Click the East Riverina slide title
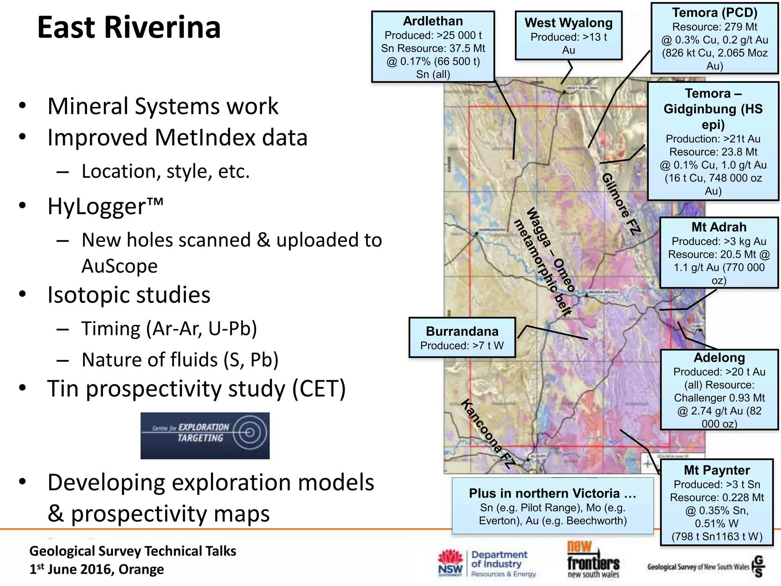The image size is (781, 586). (129, 27)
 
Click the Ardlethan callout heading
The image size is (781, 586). (433, 21)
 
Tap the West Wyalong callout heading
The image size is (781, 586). (568, 23)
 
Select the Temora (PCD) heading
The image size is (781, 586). (714, 13)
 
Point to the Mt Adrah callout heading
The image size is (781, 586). (719, 227)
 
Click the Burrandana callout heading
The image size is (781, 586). (462, 331)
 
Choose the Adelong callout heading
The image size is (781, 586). (719, 357)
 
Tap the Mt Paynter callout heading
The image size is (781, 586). (717, 470)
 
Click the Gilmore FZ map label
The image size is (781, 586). (621, 204)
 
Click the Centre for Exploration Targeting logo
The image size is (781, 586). (205, 435)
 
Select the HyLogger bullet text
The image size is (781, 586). (105, 206)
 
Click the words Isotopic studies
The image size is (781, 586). (129, 295)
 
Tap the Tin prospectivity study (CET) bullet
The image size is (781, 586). (196, 389)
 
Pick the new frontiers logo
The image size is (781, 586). (593, 560)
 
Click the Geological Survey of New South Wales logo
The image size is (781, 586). (705, 567)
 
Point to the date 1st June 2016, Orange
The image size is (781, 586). (97, 569)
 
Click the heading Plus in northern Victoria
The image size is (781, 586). (552, 493)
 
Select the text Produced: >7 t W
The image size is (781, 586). (462, 346)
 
